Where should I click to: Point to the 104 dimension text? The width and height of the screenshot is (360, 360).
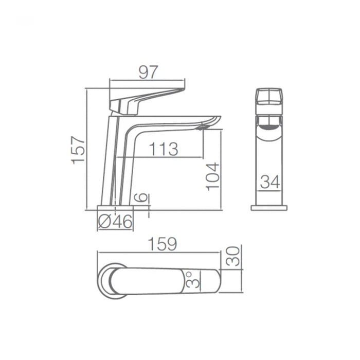212,176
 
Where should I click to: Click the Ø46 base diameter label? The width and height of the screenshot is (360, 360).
115,222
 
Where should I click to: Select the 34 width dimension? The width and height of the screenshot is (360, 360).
270,182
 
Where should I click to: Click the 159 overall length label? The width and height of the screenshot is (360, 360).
163,244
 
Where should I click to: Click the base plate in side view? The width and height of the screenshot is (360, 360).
116,207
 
